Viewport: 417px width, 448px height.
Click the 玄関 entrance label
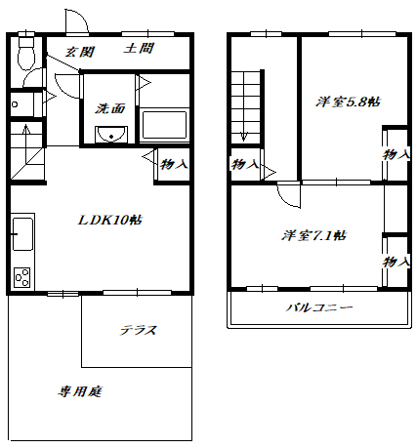[x=80, y=52]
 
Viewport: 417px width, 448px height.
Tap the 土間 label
[x=139, y=49]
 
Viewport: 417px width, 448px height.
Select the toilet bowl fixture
[x=26, y=54]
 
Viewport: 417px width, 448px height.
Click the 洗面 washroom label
[x=109, y=108]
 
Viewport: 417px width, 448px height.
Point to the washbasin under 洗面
[x=110, y=134]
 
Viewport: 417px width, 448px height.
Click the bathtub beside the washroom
[x=164, y=125]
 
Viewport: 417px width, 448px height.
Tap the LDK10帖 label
[x=110, y=221]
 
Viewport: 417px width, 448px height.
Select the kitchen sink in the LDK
[x=22, y=233]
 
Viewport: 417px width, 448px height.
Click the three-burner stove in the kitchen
[x=22, y=277]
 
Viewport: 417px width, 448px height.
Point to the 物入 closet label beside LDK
[x=174, y=164]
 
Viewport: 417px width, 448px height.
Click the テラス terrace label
[x=139, y=330]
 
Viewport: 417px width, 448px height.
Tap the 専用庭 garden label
[x=80, y=391]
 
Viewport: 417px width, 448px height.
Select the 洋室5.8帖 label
[x=348, y=102]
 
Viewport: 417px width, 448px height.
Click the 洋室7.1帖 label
[x=313, y=235]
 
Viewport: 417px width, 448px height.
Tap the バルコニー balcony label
[x=319, y=307]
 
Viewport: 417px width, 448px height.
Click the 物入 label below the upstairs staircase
[x=245, y=164]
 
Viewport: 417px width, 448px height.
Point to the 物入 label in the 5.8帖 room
[x=396, y=154]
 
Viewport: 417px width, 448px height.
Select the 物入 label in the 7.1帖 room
[x=396, y=262]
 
